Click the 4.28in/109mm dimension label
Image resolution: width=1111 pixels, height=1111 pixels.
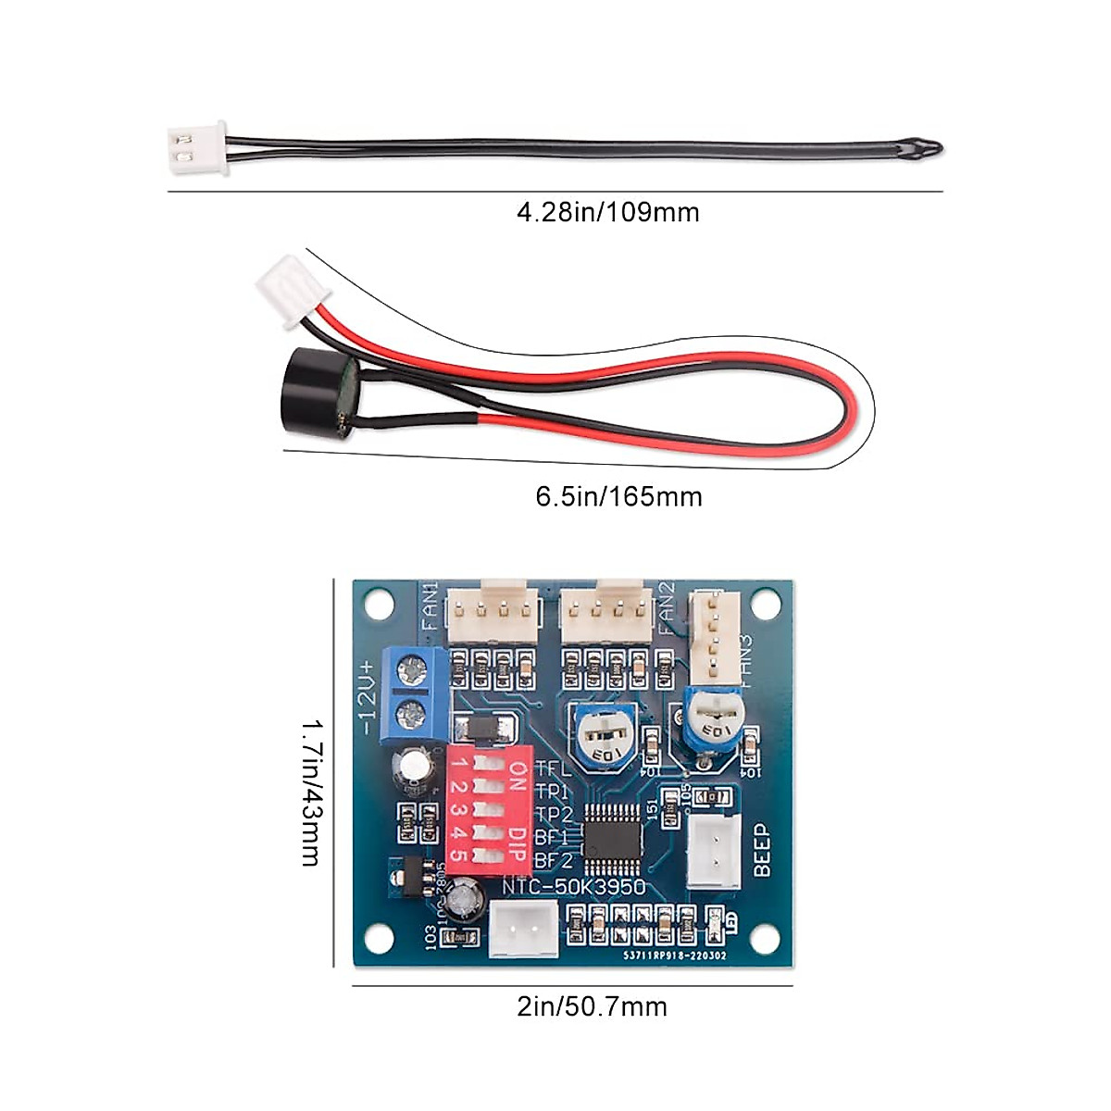pyautogui.click(x=607, y=213)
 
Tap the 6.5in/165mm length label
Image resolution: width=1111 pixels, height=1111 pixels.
pyautogui.click(x=618, y=497)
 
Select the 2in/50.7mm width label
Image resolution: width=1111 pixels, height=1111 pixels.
pyautogui.click(x=592, y=1007)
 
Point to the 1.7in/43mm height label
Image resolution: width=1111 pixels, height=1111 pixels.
pyautogui.click(x=312, y=793)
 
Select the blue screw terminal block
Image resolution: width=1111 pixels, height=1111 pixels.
pyautogui.click(x=413, y=692)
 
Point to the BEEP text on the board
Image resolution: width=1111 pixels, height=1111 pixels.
pyautogui.click(x=762, y=850)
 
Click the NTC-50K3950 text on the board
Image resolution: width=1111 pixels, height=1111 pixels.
pyautogui.click(x=574, y=887)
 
